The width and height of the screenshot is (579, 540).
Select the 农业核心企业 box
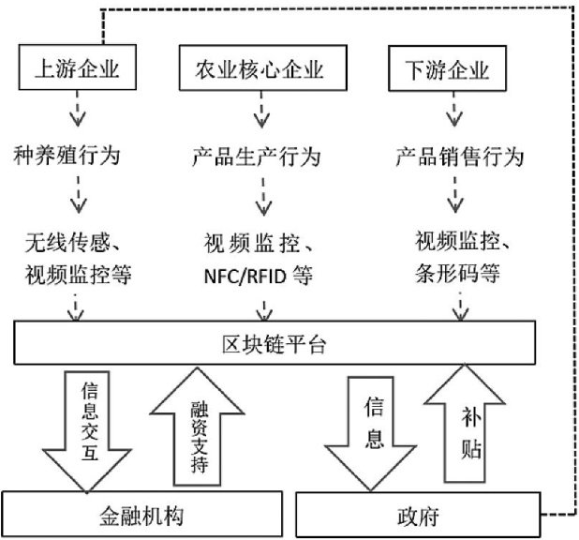tap(258, 70)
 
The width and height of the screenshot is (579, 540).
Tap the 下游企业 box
tap(453, 68)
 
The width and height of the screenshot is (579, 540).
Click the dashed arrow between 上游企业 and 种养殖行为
tap(76, 112)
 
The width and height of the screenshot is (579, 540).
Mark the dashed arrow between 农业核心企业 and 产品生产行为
tap(262, 112)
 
